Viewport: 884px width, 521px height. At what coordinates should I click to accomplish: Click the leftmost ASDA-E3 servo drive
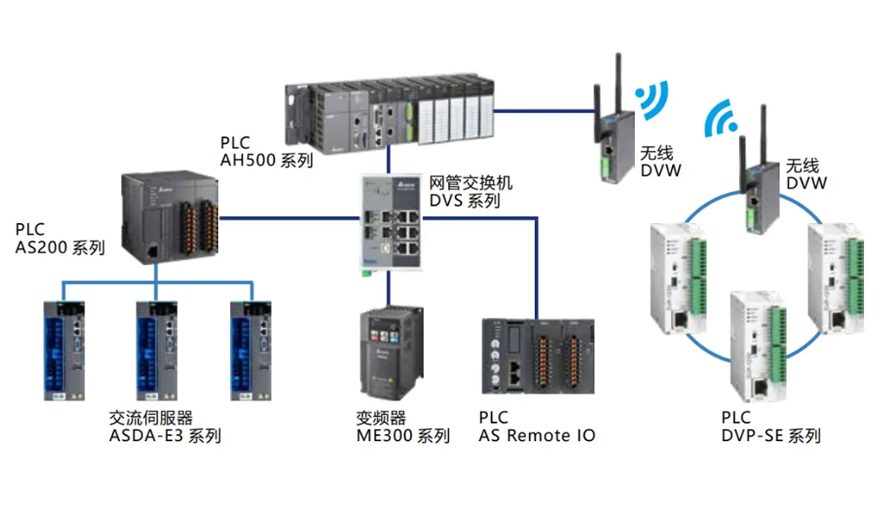(x=64, y=349)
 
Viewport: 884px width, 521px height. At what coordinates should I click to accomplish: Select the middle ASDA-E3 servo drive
(x=156, y=349)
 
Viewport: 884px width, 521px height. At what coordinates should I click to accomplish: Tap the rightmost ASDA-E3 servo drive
(x=250, y=349)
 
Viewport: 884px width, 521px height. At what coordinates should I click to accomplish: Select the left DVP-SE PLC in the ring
(x=680, y=278)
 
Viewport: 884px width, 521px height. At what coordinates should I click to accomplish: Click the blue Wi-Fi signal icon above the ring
(x=721, y=119)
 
